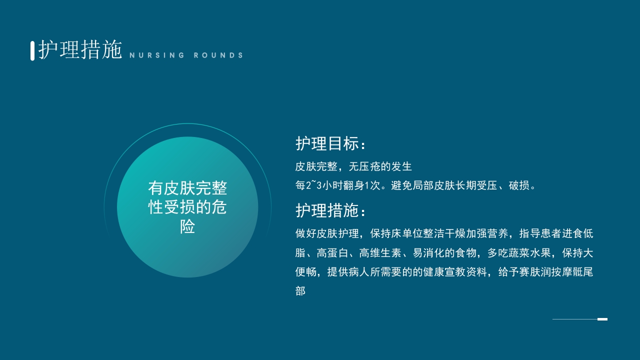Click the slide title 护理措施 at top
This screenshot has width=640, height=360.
pos(80,50)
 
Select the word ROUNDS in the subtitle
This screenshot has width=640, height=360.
pos(218,55)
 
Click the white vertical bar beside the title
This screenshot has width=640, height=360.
pos(32,50)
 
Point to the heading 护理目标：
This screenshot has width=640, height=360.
pos(331,144)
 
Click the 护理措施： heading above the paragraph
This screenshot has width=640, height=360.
pos(331,210)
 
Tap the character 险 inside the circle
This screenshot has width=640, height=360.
pos(187,226)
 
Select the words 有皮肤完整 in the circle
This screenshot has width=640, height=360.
pos(187,188)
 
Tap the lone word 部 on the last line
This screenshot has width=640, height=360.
pos(300,291)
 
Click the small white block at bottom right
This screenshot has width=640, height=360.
pos(602,319)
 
